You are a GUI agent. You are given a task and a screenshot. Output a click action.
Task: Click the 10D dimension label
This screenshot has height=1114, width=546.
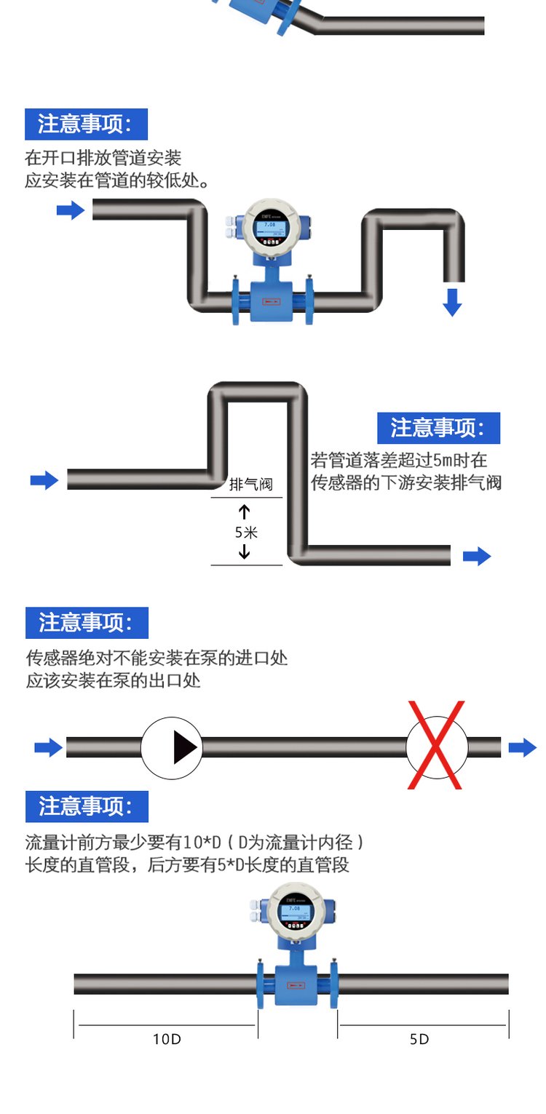[x=167, y=1039]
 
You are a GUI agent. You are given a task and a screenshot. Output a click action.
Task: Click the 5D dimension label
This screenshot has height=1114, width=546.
[x=419, y=1039]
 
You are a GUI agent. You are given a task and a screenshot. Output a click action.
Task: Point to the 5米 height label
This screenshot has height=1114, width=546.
[x=246, y=532]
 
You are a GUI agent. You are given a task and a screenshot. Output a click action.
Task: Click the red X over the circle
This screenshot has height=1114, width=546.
[x=435, y=745]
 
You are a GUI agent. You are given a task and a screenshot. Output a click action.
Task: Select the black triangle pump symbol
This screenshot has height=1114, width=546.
[x=185, y=747]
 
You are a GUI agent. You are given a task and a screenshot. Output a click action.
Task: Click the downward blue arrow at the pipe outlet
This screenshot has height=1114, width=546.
[x=453, y=301]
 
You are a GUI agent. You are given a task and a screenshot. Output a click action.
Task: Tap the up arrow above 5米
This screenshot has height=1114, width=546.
[x=245, y=510]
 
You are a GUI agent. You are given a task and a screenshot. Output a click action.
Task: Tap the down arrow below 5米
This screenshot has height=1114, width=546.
[x=245, y=552]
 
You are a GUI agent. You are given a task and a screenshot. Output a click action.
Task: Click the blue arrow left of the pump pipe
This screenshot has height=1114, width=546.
[x=48, y=747]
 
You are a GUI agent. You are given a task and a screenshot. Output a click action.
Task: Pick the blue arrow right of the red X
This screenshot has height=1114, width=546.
[x=522, y=747]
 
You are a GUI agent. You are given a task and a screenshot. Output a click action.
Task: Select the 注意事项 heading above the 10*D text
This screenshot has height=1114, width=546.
[x=87, y=807]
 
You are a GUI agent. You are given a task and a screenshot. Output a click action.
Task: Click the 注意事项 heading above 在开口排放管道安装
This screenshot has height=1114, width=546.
[x=86, y=124]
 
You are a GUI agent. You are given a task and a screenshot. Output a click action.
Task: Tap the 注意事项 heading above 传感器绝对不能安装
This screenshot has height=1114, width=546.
[x=87, y=623]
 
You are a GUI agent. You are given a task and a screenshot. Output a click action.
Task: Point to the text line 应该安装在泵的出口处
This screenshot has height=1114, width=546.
[x=113, y=681]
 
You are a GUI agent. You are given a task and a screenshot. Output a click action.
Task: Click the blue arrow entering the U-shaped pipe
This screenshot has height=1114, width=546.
[x=71, y=211]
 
